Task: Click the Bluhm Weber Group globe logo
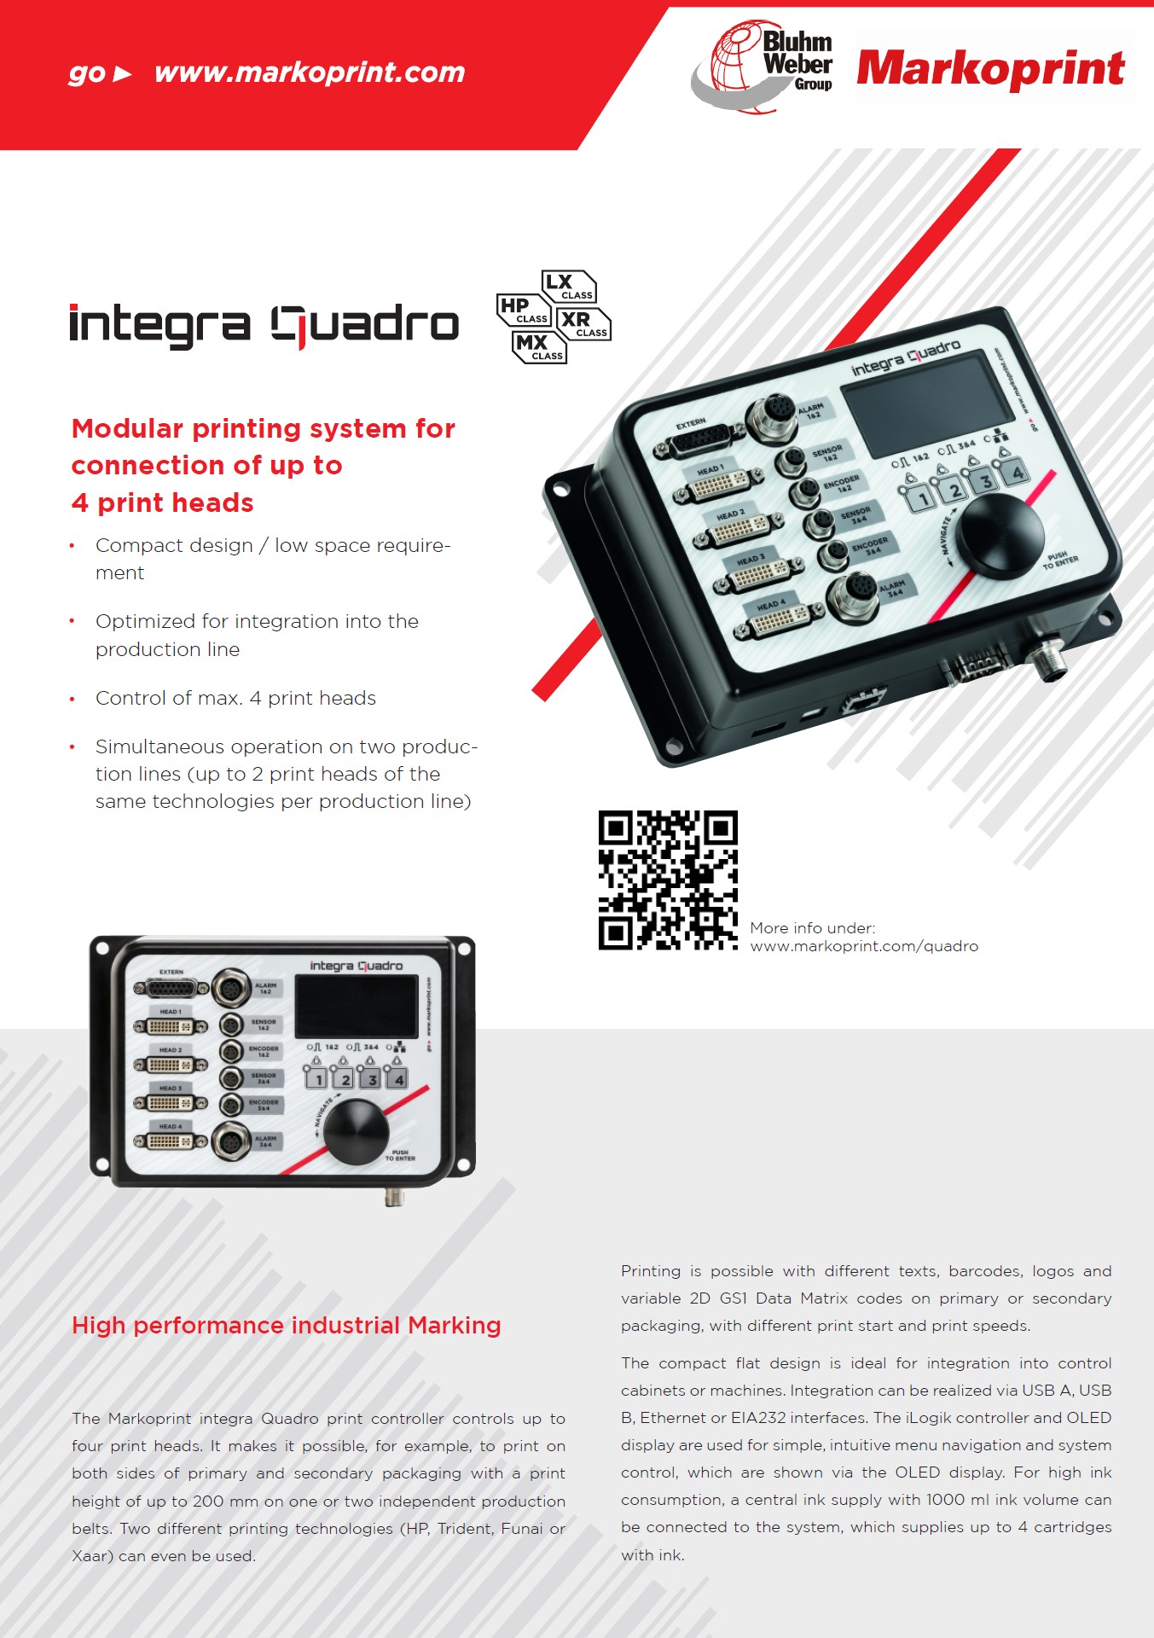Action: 762,67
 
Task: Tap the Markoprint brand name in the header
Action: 990,68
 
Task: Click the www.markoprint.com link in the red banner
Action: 310,73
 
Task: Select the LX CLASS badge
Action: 569,287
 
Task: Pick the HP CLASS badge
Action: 524,310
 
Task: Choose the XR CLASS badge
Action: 583,324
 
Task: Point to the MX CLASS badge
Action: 539,347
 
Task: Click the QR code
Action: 668,880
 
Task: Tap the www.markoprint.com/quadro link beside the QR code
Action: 864,946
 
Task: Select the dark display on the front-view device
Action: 357,1006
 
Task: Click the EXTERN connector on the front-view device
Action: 171,989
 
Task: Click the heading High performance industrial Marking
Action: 287,1325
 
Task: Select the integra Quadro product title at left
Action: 264,325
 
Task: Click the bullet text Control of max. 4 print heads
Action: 235,698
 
